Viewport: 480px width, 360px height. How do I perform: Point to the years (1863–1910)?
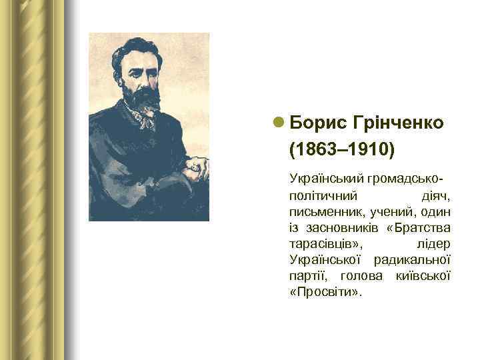[x=342, y=149]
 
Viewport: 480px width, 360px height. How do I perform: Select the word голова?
[x=360, y=276]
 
